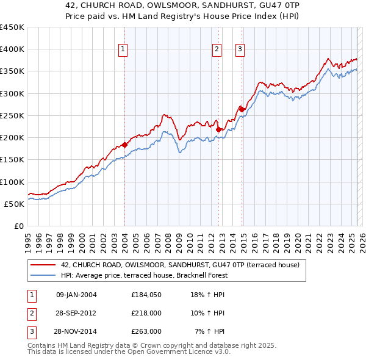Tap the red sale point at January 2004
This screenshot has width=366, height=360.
point(124,145)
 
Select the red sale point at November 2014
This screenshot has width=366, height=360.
point(242,109)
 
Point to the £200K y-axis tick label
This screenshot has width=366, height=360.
point(12,138)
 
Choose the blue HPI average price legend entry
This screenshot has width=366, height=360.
point(144,275)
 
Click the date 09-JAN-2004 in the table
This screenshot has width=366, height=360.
point(76,295)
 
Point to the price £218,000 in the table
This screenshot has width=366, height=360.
point(146,313)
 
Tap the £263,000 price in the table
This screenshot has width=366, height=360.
point(146,331)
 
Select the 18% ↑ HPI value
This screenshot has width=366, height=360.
point(208,295)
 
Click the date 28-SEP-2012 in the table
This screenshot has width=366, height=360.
point(76,313)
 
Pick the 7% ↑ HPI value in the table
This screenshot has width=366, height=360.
point(210,331)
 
